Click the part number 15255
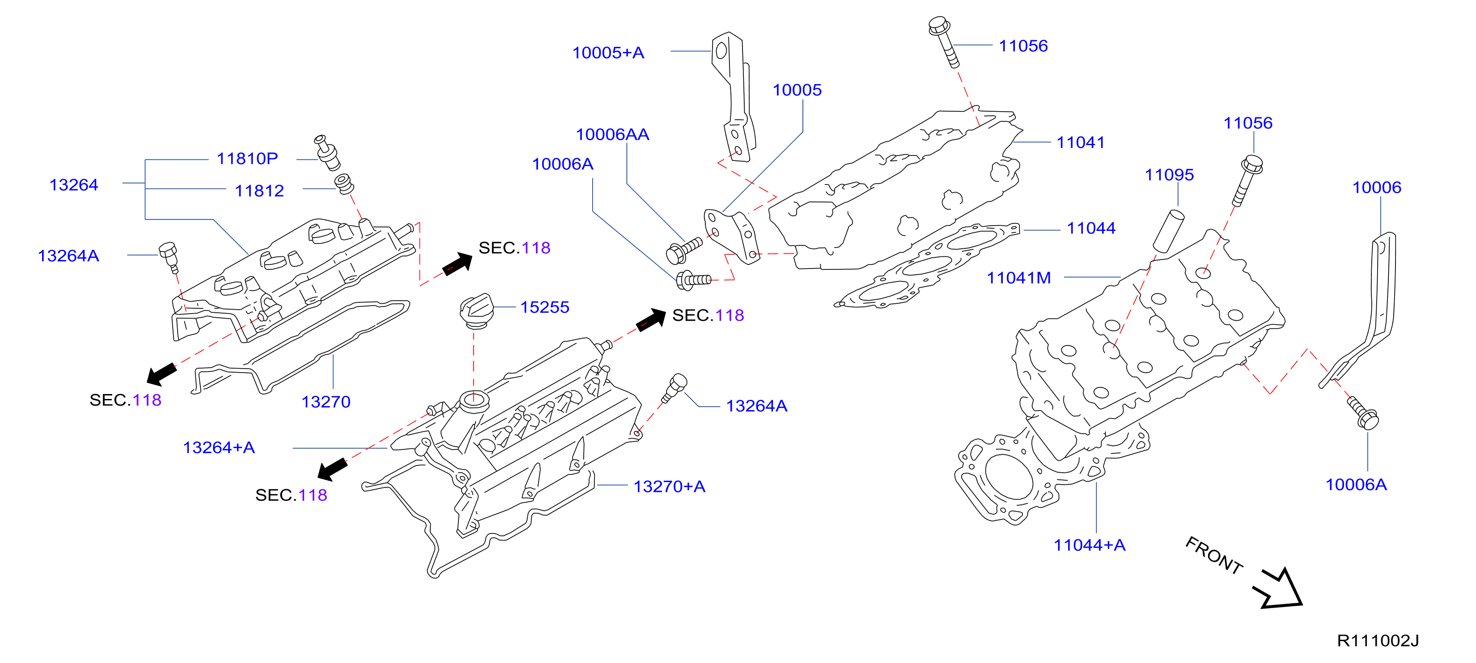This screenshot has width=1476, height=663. pos(544,307)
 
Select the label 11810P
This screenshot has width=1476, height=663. pos(247,159)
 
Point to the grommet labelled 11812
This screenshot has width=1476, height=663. pos(344,184)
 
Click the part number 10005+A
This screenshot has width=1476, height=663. pos(608,53)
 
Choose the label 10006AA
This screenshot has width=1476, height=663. pos(612,134)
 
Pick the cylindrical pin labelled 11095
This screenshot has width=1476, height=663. pos(1169,231)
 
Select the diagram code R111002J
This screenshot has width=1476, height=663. pos(1378,641)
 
